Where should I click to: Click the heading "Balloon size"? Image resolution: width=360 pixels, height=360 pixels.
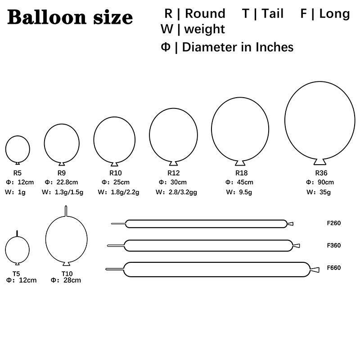click(70, 18)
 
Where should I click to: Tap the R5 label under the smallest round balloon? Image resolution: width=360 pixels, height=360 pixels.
click(18, 172)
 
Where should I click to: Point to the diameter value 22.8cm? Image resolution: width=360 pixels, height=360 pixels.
click(67, 182)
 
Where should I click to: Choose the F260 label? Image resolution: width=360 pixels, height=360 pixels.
click(334, 223)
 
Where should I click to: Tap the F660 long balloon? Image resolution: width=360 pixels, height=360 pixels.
click(216, 269)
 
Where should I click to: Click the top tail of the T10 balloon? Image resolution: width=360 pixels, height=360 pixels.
click(66, 211)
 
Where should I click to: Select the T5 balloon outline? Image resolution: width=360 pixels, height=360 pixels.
click(17, 249)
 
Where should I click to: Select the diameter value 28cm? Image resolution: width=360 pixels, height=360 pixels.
click(72, 280)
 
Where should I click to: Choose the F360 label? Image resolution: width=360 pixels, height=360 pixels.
click(334, 246)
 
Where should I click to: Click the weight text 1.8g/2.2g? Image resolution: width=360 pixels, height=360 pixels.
click(124, 192)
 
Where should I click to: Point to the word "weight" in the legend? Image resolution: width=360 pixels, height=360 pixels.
click(204, 29)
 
